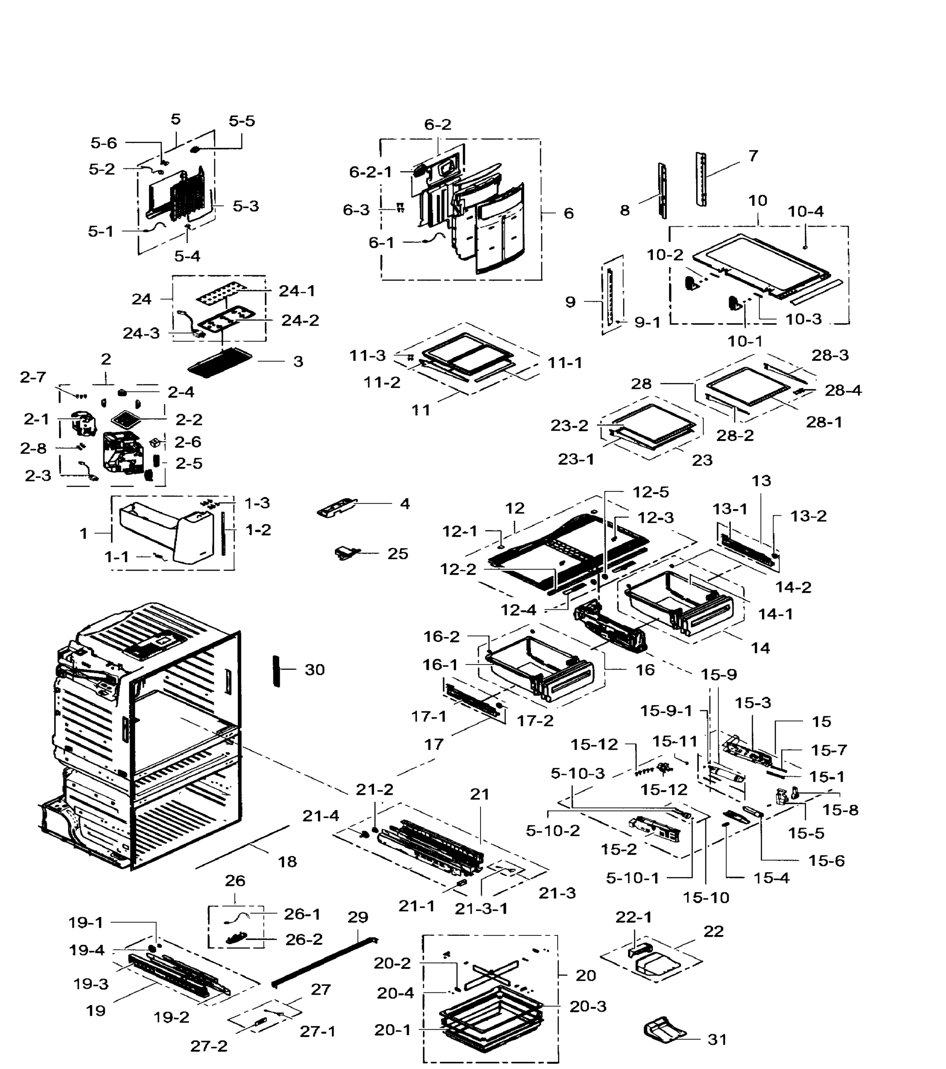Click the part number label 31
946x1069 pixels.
[x=717, y=1039]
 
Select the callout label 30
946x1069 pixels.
[x=315, y=669]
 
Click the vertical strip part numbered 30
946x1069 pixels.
[x=276, y=670]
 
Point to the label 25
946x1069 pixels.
[x=397, y=553]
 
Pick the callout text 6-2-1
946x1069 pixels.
[x=370, y=171]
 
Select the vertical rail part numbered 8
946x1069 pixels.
[x=663, y=191]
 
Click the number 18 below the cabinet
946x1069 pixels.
[x=287, y=861]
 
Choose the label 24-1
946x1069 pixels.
[x=297, y=291]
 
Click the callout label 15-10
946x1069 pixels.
[x=705, y=898]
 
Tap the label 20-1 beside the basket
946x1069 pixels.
[x=393, y=1030]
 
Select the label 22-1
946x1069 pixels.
[x=633, y=917]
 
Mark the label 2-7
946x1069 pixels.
[x=33, y=377]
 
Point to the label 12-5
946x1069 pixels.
[x=651, y=492]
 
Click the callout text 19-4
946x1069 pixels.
[x=87, y=950]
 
